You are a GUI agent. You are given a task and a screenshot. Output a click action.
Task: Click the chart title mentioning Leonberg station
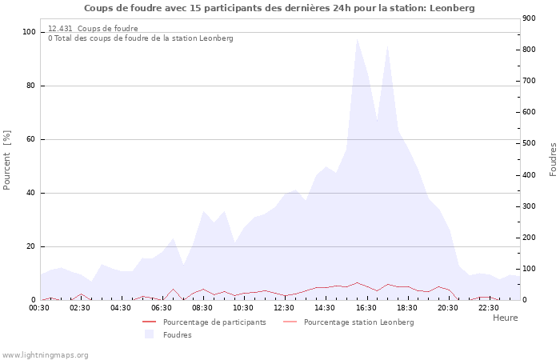point(279,8)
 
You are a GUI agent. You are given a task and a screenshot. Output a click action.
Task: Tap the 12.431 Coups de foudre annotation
point(93,29)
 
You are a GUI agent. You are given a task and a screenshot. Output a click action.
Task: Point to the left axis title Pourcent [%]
point(7,160)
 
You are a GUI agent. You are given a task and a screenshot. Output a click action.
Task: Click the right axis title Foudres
point(553,159)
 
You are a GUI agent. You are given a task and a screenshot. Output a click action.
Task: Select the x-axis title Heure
point(505,318)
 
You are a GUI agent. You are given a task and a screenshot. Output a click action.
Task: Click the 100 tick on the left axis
point(30,32)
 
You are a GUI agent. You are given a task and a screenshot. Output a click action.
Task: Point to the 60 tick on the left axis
point(32,139)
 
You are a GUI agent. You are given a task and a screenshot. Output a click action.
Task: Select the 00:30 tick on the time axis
point(40,307)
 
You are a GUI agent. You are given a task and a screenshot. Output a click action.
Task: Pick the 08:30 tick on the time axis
point(203,307)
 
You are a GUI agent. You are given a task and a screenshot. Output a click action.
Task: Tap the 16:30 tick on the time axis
point(366,307)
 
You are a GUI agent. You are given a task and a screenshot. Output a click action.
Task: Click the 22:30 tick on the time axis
point(489,307)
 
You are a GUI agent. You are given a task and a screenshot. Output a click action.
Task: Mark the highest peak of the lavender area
point(357,38)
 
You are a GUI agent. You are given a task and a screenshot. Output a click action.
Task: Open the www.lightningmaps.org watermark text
point(46,354)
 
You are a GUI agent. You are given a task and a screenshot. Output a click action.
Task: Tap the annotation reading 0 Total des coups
point(141,38)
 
